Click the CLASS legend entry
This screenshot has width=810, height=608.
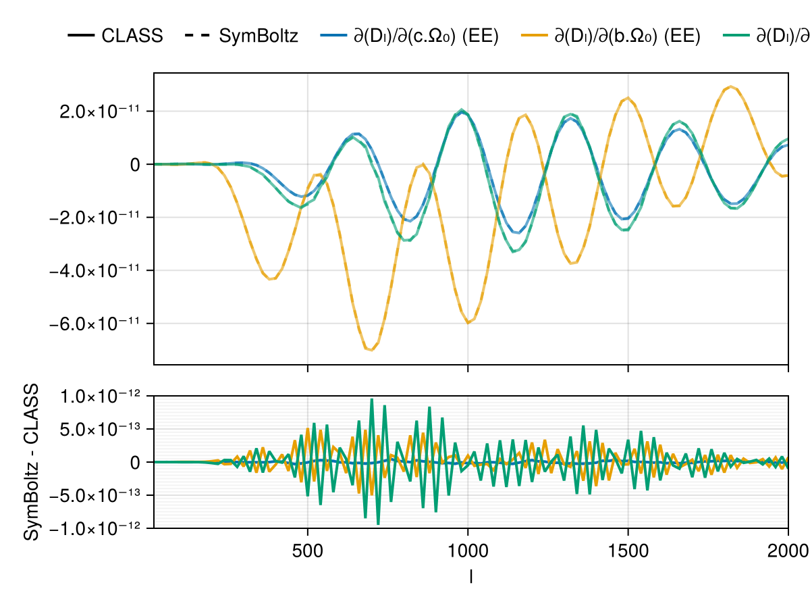[132, 36]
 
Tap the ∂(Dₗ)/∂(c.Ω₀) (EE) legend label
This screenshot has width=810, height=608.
[426, 36]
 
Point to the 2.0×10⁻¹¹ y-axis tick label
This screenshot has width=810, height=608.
[99, 111]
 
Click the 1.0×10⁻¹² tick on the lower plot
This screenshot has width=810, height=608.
[99, 396]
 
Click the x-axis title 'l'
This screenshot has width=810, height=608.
[470, 576]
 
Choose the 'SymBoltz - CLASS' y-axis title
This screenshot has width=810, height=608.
[31, 462]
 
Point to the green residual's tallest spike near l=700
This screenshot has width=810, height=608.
[371, 399]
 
